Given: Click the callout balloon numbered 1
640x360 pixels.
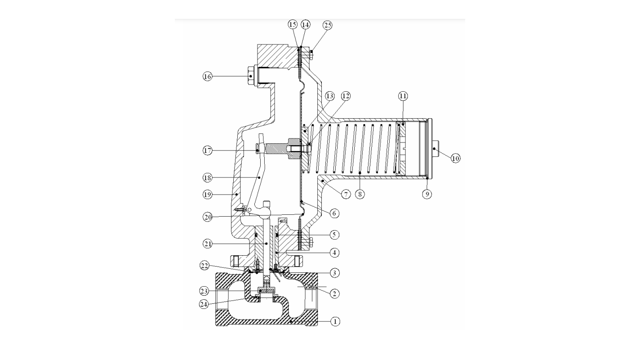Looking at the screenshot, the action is (335, 321).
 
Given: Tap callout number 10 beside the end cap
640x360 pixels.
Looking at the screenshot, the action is (455, 158).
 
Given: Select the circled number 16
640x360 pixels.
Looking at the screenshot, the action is (208, 76).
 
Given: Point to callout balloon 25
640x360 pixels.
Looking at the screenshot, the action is (328, 25).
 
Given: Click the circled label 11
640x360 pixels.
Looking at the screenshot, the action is (403, 96).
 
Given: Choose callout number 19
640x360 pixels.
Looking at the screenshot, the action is (208, 195).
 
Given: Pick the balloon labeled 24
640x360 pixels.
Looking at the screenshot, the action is (204, 304).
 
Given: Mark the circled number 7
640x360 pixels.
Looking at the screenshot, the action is (346, 195).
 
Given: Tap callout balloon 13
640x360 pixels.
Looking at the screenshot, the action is (330, 96).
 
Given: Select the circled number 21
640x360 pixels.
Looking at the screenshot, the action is (208, 244).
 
